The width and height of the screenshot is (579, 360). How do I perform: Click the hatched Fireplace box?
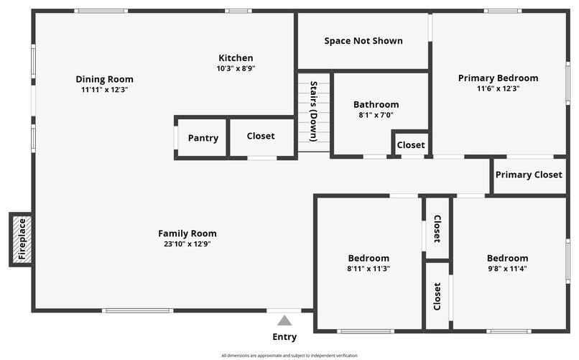tap(22, 239)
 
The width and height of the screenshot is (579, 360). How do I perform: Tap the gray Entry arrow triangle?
tap(284, 320)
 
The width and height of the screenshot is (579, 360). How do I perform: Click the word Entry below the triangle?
tap(284, 337)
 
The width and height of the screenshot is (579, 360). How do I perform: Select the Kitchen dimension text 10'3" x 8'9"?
tap(236, 68)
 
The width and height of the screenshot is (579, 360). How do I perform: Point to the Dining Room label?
tap(104, 79)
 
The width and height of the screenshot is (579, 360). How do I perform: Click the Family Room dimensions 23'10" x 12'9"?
tap(187, 244)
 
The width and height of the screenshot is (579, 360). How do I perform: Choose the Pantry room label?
tap(203, 138)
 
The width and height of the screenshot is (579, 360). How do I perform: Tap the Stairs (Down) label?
tap(313, 111)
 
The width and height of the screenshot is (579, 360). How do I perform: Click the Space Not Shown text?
tap(363, 41)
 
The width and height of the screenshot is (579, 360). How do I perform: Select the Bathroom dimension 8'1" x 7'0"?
tap(376, 115)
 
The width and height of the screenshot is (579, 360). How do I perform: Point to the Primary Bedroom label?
tap(498, 78)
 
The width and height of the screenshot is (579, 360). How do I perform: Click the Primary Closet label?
tap(529, 175)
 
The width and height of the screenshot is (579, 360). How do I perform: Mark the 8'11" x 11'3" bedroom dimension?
tap(369, 269)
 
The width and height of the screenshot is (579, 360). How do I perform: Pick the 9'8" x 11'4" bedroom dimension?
tap(507, 269)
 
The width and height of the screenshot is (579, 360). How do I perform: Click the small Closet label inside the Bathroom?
tap(411, 145)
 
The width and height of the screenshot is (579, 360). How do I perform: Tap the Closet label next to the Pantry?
tap(261, 136)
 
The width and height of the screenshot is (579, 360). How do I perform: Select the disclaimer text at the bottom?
tap(289, 356)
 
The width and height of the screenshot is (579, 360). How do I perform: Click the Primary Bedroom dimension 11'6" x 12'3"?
tap(498, 88)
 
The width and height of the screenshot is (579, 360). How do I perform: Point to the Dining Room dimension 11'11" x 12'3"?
tap(104, 90)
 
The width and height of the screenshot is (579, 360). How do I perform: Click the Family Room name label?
tap(187, 234)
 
